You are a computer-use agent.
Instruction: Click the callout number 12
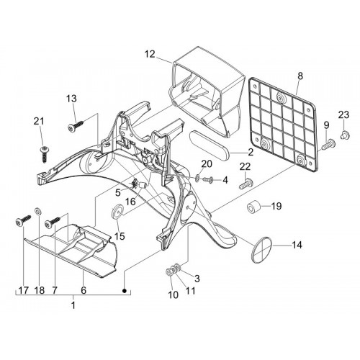(x=150, y=54)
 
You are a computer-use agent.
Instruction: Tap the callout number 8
(x=300, y=76)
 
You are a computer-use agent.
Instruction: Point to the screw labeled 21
(x=45, y=154)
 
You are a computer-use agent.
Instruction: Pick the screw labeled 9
(x=328, y=144)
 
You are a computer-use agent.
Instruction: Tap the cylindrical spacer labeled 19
(x=253, y=207)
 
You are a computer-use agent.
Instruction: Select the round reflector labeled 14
(x=261, y=250)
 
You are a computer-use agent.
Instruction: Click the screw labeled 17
(x=24, y=221)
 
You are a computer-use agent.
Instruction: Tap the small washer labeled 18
(x=38, y=211)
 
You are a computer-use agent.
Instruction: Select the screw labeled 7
(x=53, y=222)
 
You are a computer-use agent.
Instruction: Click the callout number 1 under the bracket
(x=73, y=305)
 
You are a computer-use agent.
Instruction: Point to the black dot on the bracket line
(x=125, y=291)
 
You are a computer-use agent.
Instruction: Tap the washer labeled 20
(x=197, y=178)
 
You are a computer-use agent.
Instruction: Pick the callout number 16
(x=130, y=202)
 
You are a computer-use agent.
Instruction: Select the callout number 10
(x=174, y=294)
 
